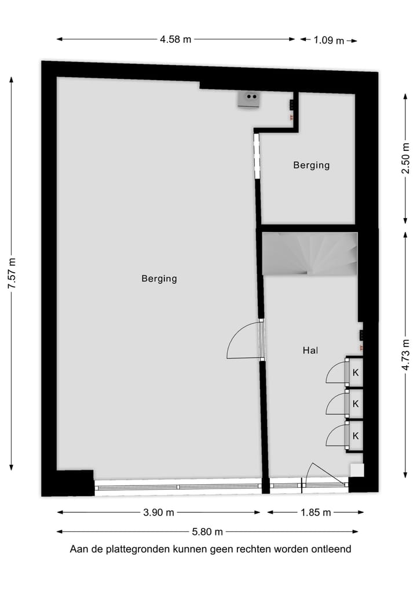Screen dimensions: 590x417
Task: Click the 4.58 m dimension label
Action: click(175, 40)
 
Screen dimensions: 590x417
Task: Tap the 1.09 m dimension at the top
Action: click(328, 41)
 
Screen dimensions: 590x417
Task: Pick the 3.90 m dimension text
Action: click(159, 512)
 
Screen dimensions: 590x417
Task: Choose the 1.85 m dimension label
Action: click(316, 512)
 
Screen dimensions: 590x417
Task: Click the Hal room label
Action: click(311, 350)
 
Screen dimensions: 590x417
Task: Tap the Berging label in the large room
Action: click(159, 278)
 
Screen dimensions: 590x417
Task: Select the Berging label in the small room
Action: click(311, 165)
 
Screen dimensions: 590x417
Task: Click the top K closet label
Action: click(356, 373)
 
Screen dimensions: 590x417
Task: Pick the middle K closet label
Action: click(356, 404)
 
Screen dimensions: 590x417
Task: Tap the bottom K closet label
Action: click(356, 436)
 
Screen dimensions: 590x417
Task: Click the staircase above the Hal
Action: click(310, 254)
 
